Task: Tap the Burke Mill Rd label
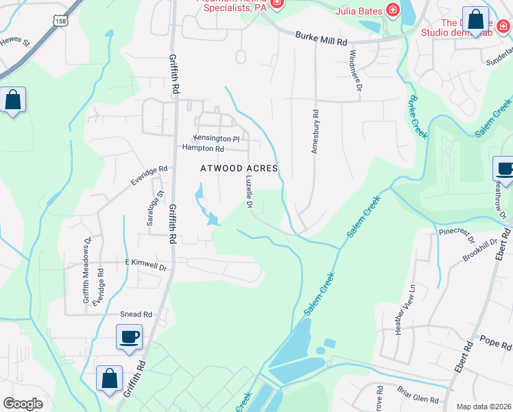coord(322,38)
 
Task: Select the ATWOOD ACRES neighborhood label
coord(239,168)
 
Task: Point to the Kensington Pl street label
coord(217,139)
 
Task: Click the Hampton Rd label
coord(203,148)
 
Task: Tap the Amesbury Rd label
coord(315,132)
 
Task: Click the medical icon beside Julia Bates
coord(392,10)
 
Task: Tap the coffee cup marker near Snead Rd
coord(129,337)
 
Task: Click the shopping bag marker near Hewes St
coord(13,100)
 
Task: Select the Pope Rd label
coord(491,340)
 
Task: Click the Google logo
coord(23,404)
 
